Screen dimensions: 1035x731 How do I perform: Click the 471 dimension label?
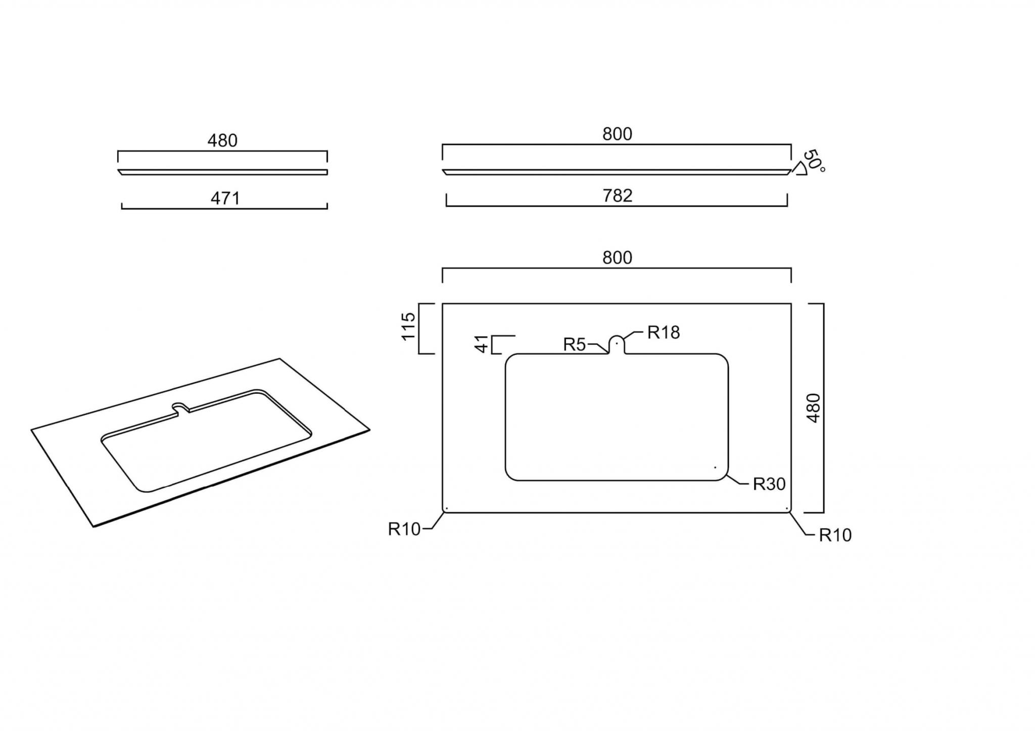(225, 198)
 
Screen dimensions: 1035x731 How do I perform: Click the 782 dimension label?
(618, 195)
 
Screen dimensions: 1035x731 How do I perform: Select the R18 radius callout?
(664, 332)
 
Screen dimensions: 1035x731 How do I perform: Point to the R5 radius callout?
(575, 345)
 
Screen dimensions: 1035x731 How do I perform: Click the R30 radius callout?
(769, 484)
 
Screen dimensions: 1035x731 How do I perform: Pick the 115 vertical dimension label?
(408, 326)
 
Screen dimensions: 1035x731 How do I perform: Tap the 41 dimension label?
(483, 344)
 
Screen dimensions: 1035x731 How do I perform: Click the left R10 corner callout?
(404, 529)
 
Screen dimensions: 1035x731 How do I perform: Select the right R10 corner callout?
(835, 535)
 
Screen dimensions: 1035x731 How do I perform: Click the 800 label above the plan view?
(618, 258)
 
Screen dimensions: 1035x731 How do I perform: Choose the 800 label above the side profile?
(618, 134)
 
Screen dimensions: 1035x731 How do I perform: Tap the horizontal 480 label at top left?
(222, 141)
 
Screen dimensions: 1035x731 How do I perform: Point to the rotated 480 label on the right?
(814, 408)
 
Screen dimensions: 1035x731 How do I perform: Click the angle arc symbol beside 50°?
(800, 169)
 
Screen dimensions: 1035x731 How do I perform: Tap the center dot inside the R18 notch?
(617, 344)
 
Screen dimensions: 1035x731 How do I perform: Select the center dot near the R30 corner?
(715, 467)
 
